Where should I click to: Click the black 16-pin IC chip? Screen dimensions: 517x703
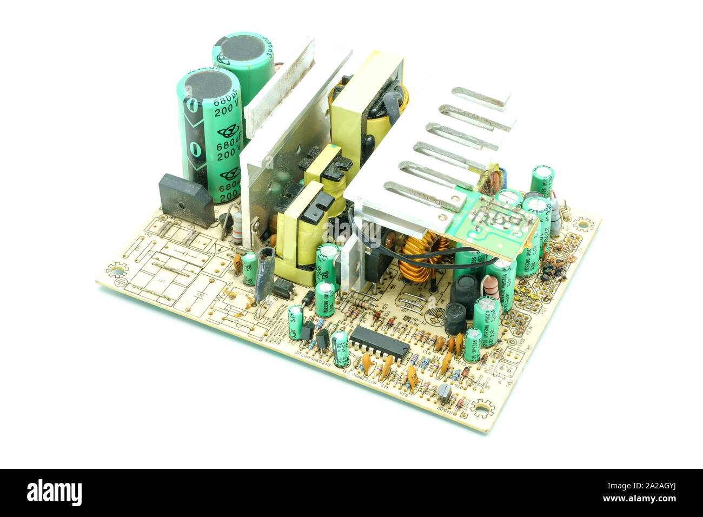coord(379,343)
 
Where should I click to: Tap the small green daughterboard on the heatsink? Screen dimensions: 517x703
coord(495,216)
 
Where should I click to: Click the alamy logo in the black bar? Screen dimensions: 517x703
coord(54,493)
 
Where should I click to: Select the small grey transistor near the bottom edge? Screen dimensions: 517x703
coord(445,393)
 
